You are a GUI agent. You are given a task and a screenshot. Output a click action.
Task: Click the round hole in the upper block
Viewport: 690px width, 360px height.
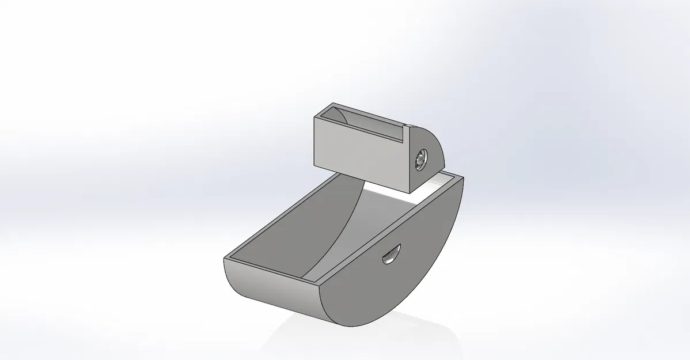tap(422, 160)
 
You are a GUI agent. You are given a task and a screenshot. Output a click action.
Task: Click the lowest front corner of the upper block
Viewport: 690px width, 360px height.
tap(409, 192)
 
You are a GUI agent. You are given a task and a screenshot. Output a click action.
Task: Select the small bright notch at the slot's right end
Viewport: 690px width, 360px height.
tap(409, 127)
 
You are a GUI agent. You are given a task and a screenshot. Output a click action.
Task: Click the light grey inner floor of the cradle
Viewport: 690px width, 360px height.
tap(369, 230)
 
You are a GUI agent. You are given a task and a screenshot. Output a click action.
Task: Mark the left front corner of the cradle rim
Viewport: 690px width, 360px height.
tap(225, 259)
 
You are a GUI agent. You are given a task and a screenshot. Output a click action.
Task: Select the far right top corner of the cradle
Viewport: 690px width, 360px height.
tap(462, 179)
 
